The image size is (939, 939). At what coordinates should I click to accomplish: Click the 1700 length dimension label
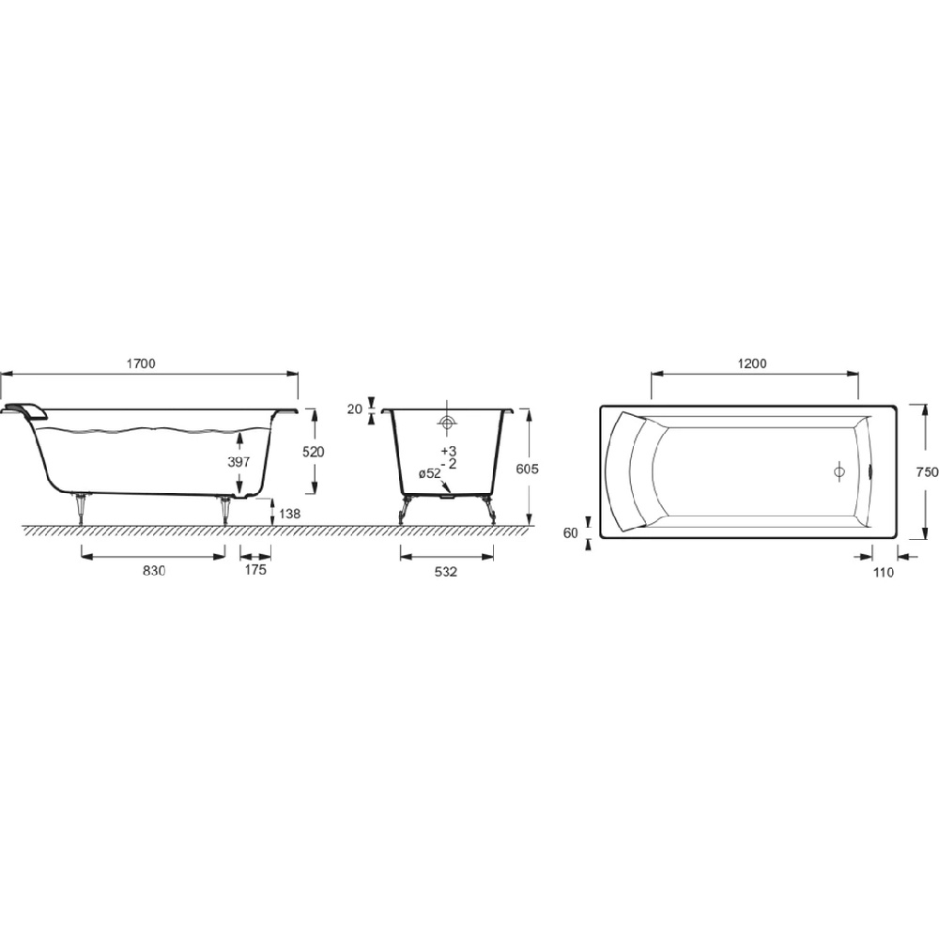pyautogui.click(x=141, y=363)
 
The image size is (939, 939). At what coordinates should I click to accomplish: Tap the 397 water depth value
pyautogui.click(x=239, y=462)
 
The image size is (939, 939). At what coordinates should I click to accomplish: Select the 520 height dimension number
pyautogui.click(x=313, y=453)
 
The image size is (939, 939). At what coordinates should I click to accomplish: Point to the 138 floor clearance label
pyautogui.click(x=290, y=514)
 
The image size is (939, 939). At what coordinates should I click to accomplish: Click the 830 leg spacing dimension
pyautogui.click(x=154, y=571)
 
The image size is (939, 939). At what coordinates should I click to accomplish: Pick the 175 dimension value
pyautogui.click(x=255, y=570)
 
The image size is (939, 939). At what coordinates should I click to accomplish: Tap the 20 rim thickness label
pyautogui.click(x=355, y=409)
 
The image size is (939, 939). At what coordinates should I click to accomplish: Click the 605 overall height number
pyautogui.click(x=527, y=469)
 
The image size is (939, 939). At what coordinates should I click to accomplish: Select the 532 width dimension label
pyautogui.click(x=446, y=572)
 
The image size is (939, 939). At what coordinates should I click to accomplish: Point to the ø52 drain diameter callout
pyautogui.click(x=429, y=473)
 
